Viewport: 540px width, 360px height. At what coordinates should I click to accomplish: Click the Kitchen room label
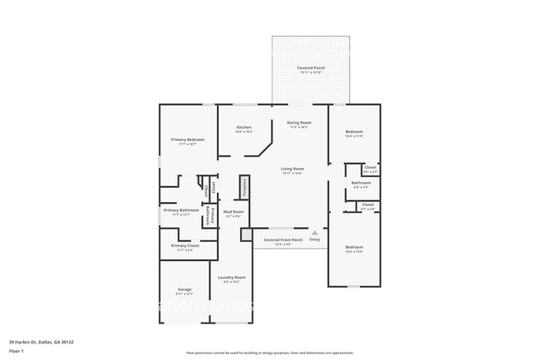click(x=243, y=127)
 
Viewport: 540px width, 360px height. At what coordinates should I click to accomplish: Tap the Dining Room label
click(x=298, y=123)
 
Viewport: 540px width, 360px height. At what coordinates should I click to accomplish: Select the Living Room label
click(x=292, y=169)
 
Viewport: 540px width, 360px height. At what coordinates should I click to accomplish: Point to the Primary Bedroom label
click(x=188, y=139)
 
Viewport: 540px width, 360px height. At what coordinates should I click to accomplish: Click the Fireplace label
click(x=245, y=188)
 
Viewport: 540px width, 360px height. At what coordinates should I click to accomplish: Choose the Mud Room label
click(x=233, y=212)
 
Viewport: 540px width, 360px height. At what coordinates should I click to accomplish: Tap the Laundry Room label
click(x=232, y=278)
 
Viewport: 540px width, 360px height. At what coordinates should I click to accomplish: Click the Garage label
click(x=184, y=289)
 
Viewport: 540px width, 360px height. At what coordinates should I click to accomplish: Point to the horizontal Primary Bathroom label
click(x=181, y=210)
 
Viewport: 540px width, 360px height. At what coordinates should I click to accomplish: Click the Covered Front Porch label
click(x=283, y=239)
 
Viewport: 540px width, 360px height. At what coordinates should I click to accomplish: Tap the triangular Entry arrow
click(x=314, y=233)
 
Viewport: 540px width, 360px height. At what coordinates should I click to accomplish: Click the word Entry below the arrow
click(x=314, y=239)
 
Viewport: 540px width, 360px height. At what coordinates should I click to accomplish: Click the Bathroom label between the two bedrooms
click(x=361, y=183)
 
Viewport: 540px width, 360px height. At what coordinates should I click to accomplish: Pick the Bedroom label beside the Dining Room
click(x=355, y=131)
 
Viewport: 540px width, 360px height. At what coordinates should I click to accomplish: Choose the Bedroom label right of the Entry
click(x=355, y=247)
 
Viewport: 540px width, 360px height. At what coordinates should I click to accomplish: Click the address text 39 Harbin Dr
click(x=42, y=342)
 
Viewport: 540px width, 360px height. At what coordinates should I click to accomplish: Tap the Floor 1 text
click(x=16, y=352)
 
